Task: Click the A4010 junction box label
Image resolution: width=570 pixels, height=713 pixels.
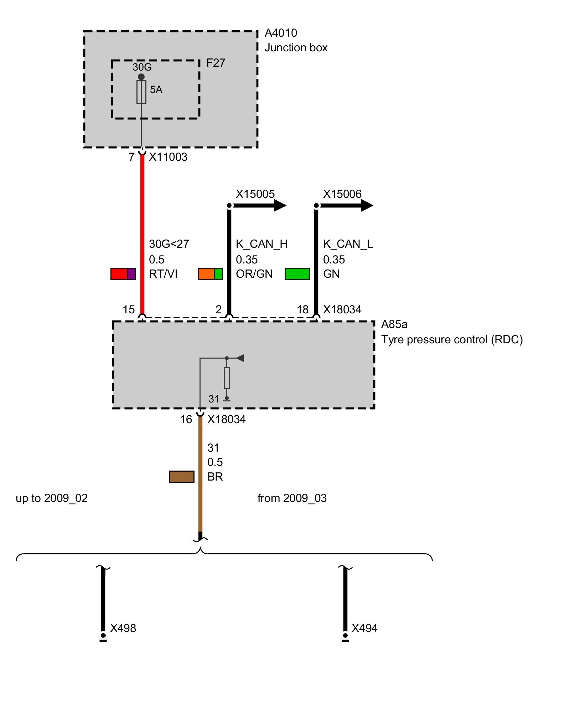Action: point(281,33)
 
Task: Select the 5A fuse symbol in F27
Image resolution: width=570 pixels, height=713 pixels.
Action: point(141,92)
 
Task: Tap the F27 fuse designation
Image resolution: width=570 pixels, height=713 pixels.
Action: point(216,63)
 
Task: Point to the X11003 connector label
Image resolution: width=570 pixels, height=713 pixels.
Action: point(168,157)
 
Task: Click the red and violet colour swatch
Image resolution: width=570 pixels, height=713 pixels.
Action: point(123,274)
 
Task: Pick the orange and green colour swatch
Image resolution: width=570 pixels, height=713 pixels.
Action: point(210,274)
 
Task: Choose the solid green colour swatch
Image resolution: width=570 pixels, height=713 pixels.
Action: point(297,274)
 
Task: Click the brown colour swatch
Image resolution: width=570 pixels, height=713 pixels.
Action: point(182,477)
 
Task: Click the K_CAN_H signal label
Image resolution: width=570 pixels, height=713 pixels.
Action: point(261,244)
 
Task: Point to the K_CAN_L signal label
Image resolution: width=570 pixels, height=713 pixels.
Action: point(348,244)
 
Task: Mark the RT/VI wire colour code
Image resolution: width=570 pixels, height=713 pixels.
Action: point(163,274)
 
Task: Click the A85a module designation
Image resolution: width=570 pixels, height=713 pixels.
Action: point(394,324)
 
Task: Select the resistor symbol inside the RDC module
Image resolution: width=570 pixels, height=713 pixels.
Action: point(227,378)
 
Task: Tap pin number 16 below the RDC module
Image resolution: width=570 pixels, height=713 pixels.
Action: point(186,420)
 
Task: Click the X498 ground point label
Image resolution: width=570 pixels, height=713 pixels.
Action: point(123,628)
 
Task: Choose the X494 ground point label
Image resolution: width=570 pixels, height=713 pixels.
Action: point(364,628)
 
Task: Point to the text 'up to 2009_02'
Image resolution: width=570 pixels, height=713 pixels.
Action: point(52,498)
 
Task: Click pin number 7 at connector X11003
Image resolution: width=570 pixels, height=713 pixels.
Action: point(132,157)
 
